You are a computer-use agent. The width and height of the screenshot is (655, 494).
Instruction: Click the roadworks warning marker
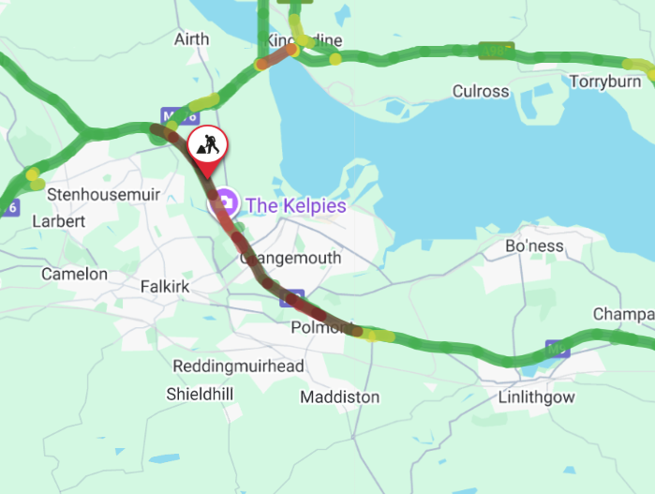(x=206, y=144)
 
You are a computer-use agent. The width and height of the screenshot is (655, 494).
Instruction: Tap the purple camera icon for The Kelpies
(x=226, y=203)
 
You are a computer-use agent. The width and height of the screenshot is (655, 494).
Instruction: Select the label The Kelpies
(x=295, y=204)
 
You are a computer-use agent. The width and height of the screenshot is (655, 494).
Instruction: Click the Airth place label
(x=192, y=38)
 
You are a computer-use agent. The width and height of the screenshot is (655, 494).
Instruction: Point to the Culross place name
(x=481, y=91)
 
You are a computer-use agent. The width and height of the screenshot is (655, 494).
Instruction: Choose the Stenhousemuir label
(x=105, y=195)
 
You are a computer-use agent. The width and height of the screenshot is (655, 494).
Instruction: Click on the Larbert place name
(x=58, y=221)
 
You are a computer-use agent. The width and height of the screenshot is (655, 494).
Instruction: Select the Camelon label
(x=74, y=275)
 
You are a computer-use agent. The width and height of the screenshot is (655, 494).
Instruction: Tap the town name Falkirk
(x=165, y=286)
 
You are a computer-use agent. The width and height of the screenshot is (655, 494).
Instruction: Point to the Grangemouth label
(x=291, y=258)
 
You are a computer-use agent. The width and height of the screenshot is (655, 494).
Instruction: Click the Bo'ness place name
(x=534, y=246)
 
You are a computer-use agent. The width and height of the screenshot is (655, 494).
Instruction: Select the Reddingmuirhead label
(x=238, y=366)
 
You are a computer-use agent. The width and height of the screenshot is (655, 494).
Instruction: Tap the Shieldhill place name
(x=200, y=394)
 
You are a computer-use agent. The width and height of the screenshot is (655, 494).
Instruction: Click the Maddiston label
(x=340, y=397)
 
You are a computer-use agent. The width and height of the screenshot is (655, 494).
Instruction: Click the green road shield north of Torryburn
(x=495, y=50)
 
